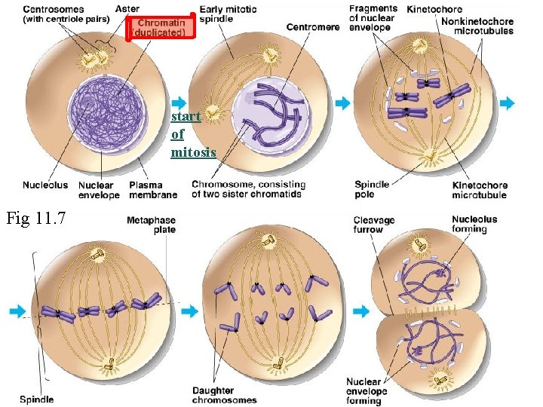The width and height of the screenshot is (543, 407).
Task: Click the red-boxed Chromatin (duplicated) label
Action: tap(160, 28)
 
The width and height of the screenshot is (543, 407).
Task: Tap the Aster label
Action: tap(127, 9)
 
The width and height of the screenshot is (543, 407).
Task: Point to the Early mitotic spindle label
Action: tap(228, 14)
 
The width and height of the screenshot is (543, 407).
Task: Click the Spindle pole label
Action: tap(372, 189)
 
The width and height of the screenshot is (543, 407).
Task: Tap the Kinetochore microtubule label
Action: tap(480, 190)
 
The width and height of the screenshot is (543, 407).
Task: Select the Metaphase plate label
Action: tap(152, 225)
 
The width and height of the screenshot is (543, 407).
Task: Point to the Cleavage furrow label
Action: tap(374, 225)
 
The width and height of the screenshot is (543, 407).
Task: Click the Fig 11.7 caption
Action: tap(35, 219)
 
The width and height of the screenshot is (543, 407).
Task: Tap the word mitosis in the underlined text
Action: tap(193, 152)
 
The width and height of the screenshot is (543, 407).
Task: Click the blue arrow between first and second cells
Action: tap(179, 103)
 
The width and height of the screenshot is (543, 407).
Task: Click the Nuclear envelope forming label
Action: tap(367, 391)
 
